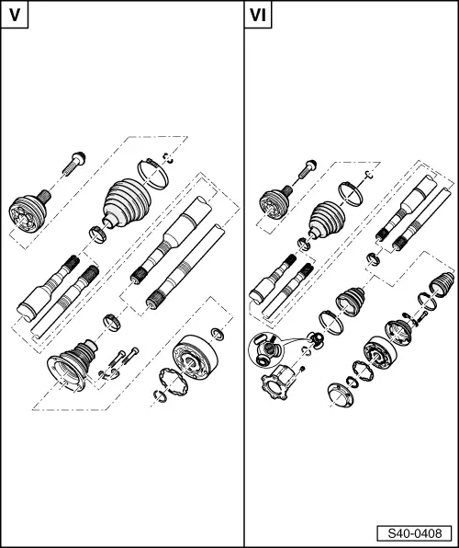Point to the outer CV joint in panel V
30,214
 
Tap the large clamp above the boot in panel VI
349,191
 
